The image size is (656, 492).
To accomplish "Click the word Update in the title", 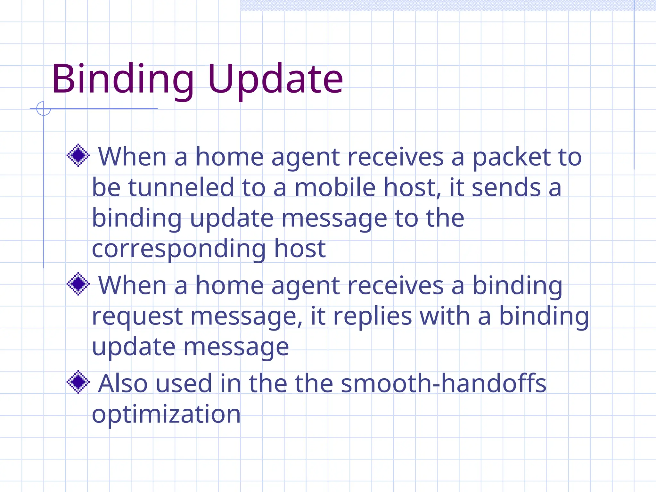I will point(275,79).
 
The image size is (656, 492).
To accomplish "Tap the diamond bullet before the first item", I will point(78,156).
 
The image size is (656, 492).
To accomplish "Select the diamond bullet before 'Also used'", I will point(78,382).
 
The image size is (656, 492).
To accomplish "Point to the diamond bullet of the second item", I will point(78,284).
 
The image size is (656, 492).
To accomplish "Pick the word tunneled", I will point(181,187).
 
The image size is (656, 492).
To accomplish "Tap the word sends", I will point(506,187).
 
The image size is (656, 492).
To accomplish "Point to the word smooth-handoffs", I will point(443,383).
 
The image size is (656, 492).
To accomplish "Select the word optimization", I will point(166,414).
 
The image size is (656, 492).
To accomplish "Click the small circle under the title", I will point(44,109).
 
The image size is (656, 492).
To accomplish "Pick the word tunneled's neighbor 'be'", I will point(106,187).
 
